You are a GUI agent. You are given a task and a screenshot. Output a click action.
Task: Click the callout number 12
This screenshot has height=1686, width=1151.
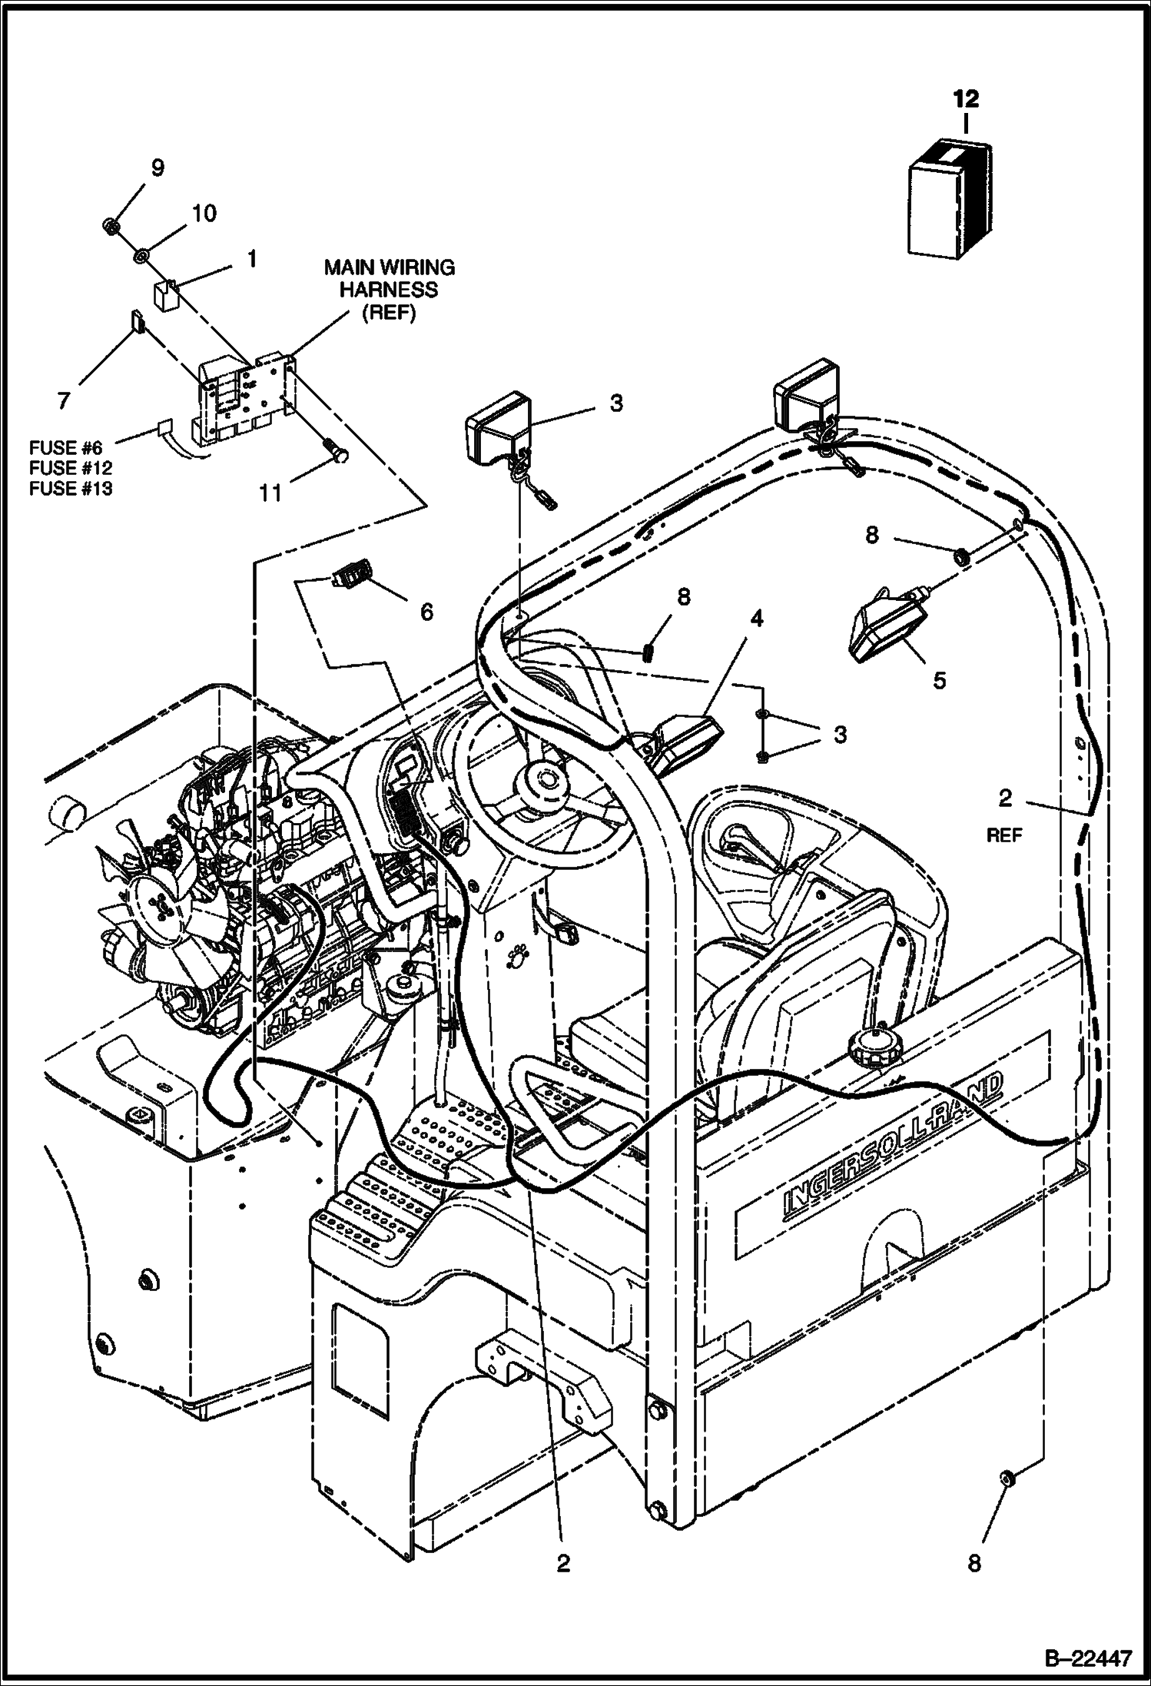tap(967, 98)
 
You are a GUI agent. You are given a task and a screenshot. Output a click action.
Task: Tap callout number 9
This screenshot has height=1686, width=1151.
tap(157, 168)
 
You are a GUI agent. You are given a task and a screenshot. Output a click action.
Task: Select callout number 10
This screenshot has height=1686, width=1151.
tap(204, 213)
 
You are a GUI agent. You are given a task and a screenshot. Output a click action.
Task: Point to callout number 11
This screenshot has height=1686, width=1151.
tap(270, 492)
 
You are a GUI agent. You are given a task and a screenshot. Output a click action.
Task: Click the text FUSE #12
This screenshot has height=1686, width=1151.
tap(71, 467)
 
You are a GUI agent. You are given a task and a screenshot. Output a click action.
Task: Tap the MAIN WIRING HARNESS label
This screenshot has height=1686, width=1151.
tap(390, 290)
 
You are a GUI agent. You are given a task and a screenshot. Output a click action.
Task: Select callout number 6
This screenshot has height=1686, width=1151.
tap(426, 611)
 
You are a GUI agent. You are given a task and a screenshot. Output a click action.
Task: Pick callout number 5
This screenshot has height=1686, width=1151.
tap(939, 681)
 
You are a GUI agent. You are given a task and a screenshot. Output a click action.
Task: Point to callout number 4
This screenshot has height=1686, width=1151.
tap(757, 619)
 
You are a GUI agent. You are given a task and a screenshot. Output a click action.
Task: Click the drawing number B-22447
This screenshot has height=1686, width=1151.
tap(1087, 1656)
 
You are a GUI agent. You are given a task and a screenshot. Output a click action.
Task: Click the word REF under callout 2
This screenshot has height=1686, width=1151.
tap(1005, 835)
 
